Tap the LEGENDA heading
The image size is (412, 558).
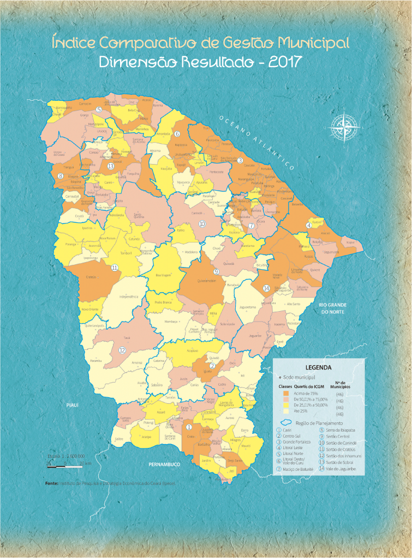[x=318, y=368]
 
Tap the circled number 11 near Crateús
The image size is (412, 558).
[x=115, y=268]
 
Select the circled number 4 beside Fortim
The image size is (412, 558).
[x=309, y=225]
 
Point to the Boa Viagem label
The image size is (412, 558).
[x=164, y=276]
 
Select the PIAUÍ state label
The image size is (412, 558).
[x=71, y=406]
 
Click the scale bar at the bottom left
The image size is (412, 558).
[x=65, y=462]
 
